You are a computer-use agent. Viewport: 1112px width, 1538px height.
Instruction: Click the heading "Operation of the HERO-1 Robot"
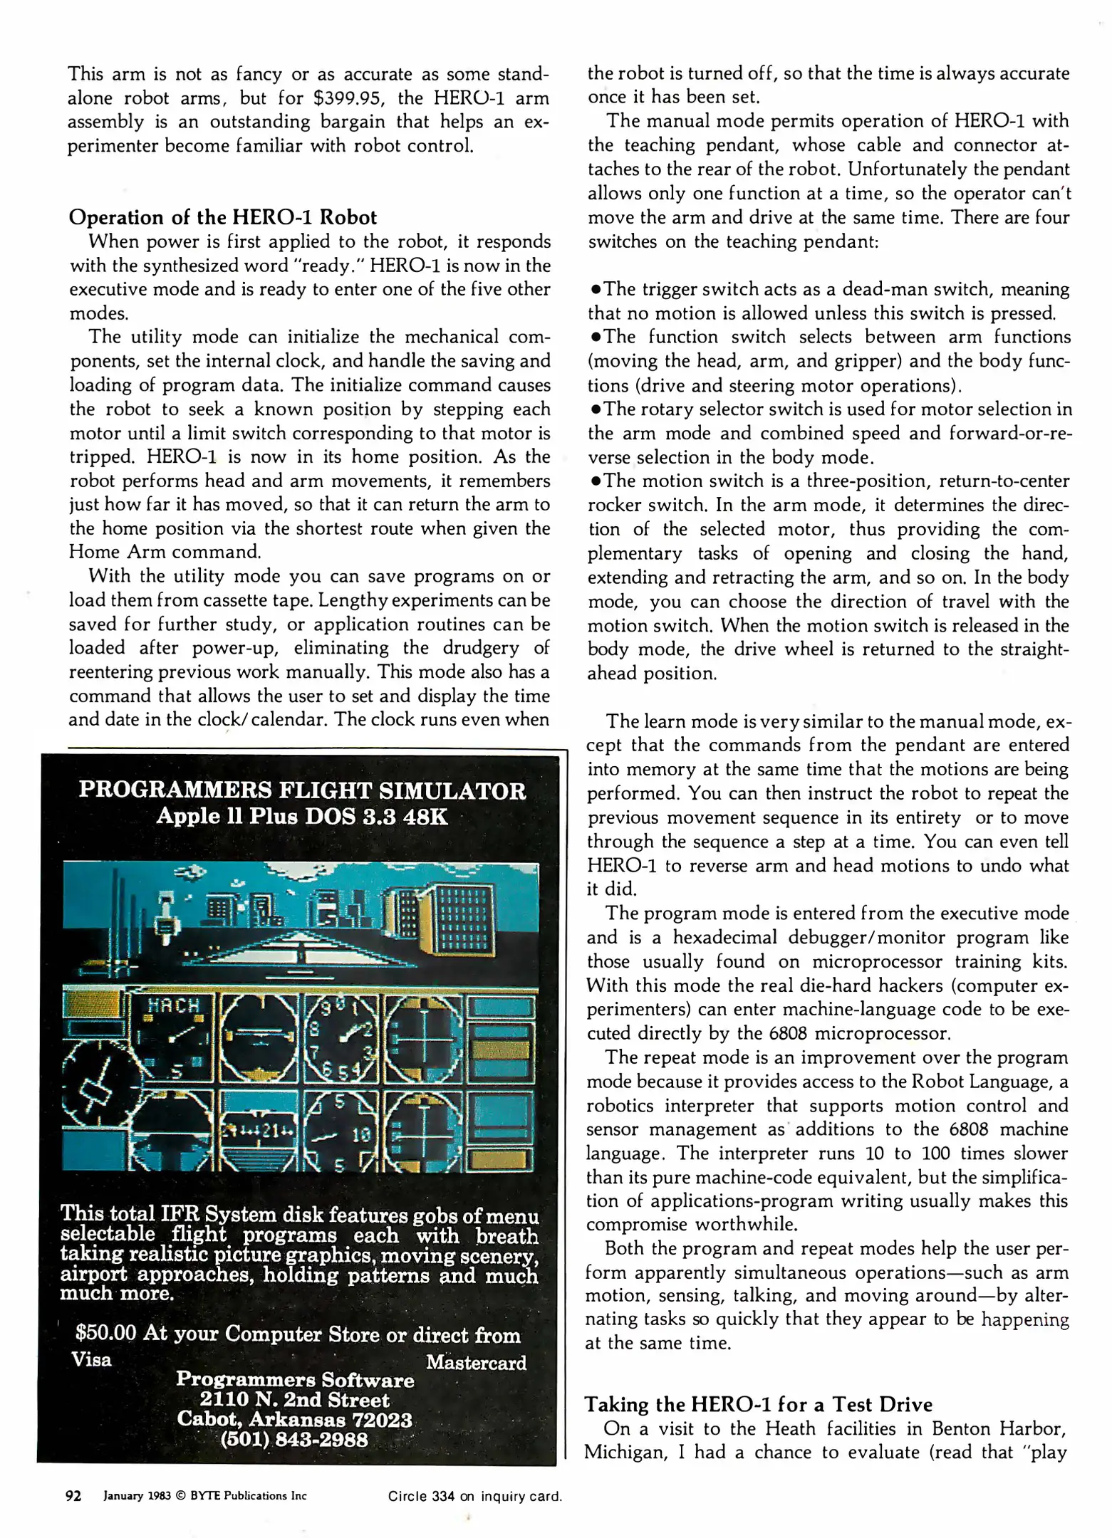click(222, 217)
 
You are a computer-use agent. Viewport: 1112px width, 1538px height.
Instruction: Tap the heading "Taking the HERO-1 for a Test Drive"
click(758, 1404)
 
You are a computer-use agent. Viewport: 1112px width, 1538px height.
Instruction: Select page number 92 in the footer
click(73, 1495)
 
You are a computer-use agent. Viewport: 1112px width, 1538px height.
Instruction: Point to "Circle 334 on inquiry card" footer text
click(474, 1496)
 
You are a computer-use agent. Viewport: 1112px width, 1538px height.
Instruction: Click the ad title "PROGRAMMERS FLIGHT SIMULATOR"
click(302, 790)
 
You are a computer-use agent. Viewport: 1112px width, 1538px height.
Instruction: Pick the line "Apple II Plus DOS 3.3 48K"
click(302, 816)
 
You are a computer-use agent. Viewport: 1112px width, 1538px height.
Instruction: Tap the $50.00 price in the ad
click(105, 1332)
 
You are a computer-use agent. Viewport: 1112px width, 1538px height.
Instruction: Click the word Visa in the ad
click(92, 1360)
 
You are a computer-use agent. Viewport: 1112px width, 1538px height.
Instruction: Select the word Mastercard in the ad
click(476, 1362)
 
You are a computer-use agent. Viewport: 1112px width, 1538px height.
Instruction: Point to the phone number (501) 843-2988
click(294, 1439)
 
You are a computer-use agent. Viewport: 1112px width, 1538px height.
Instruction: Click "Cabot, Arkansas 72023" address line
click(294, 1419)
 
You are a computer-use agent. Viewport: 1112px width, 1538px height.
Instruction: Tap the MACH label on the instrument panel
click(173, 1005)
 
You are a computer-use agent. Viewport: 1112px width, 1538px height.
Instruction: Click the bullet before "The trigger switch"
click(596, 290)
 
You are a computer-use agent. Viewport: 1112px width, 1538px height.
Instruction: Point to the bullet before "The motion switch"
click(596, 481)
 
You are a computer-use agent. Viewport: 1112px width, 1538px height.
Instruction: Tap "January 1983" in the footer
click(137, 1496)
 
